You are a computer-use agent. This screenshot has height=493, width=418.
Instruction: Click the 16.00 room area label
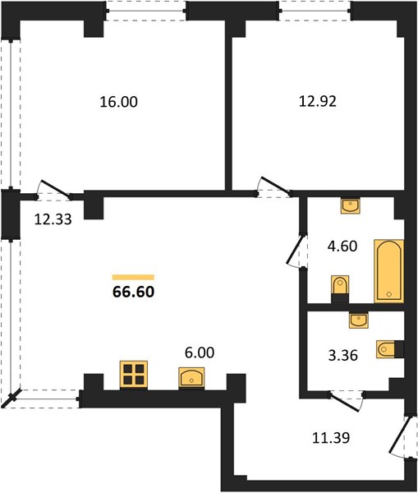[x=118, y=102]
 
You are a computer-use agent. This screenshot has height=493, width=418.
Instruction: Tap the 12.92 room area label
[x=318, y=101]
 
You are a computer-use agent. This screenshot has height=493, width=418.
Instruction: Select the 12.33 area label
[x=53, y=219]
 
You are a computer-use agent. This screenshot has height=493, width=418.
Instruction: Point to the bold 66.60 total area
[x=133, y=292]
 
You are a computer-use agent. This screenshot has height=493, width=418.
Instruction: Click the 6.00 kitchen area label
[x=200, y=352]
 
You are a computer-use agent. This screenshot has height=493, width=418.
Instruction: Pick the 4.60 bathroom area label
[x=342, y=246]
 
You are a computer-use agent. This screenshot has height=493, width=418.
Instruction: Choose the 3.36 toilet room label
[x=343, y=356]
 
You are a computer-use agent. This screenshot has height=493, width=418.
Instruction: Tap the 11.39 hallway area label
[x=331, y=437]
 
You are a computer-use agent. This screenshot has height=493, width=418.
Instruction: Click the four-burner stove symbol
[x=134, y=375]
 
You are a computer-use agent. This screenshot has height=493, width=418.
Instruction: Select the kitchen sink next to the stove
[x=191, y=378]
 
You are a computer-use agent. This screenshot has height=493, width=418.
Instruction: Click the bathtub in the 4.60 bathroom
[x=388, y=271]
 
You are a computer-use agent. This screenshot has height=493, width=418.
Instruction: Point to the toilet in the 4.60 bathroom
[x=340, y=289]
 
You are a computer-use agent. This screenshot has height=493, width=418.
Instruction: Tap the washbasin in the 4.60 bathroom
[x=351, y=205]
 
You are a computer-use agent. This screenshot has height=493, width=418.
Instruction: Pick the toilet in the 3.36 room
[x=390, y=349]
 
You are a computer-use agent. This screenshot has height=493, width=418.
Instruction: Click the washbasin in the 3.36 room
[x=359, y=320]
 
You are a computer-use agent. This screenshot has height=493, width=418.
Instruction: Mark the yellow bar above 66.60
[x=133, y=277]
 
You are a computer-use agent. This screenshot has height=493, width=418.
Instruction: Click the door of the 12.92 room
[x=274, y=187]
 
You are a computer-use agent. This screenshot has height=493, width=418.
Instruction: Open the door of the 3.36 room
[x=346, y=402]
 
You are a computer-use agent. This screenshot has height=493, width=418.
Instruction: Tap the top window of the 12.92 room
[x=315, y=11]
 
